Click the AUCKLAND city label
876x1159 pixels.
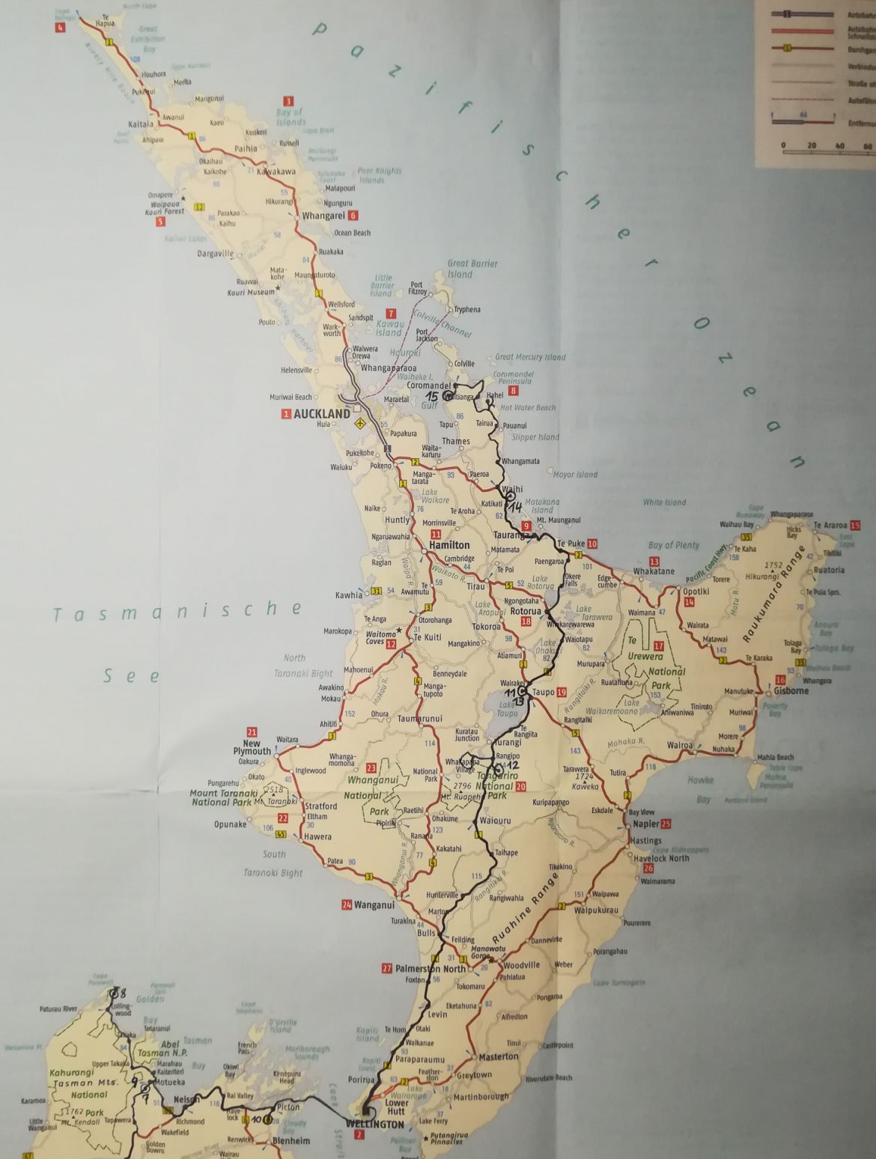click(322, 413)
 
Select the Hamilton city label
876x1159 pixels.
click(449, 546)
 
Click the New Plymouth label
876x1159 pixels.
click(252, 747)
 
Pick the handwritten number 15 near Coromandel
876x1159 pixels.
click(432, 396)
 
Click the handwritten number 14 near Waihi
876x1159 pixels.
click(515, 507)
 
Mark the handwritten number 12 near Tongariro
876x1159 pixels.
click(512, 765)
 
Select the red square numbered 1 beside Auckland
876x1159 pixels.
click(285, 414)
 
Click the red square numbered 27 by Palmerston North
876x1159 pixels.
click(386, 967)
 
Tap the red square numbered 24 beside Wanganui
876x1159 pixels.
click(346, 904)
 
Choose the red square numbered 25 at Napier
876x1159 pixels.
click(666, 824)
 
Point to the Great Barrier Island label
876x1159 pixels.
click(472, 268)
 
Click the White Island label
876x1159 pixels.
click(663, 502)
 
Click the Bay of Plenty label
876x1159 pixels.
click(673, 545)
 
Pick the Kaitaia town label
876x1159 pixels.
click(141, 124)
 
